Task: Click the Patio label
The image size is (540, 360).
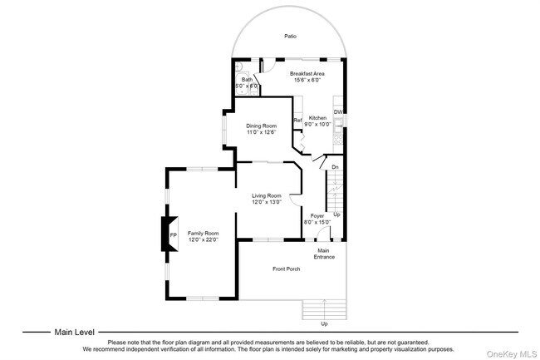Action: (290, 37)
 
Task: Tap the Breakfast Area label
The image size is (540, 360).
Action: (307, 74)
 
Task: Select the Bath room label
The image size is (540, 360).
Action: (247, 80)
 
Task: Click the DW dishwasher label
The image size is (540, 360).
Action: (338, 112)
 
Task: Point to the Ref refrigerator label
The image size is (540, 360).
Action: (298, 121)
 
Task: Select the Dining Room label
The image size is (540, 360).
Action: (262, 126)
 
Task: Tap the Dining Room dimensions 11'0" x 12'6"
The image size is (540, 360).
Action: (262, 132)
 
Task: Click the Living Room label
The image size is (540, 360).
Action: (267, 195)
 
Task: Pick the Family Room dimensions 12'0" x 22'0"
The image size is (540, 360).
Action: (204, 239)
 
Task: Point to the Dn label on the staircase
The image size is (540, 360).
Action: (335, 167)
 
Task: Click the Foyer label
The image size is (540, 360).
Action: (317, 216)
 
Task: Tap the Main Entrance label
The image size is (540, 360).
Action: (324, 254)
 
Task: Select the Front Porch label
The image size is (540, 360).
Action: (286, 269)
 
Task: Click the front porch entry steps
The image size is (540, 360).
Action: (324, 309)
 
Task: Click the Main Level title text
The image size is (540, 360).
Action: (75, 333)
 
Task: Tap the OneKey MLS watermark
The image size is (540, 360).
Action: (512, 354)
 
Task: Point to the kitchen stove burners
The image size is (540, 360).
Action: (338, 139)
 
